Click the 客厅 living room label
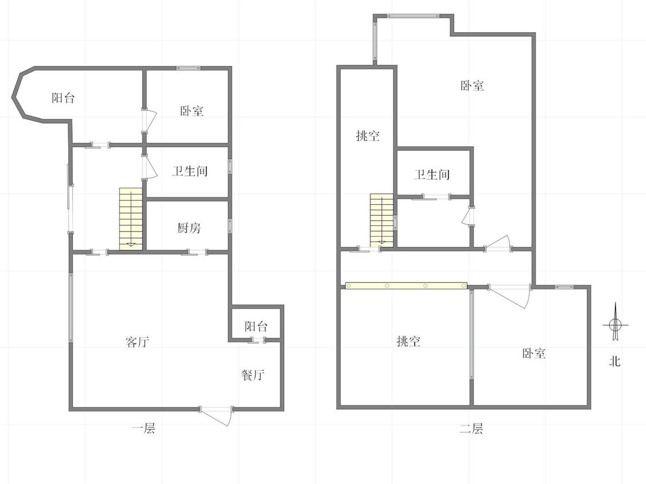click(137, 342)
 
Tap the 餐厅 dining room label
click(253, 375)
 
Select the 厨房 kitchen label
click(189, 228)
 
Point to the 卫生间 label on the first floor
click(189, 171)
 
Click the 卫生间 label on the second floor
click(432, 174)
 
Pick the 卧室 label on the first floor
click(192, 111)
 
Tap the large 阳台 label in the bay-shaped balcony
click(63, 98)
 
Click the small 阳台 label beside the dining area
click(256, 326)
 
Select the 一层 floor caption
click(144, 428)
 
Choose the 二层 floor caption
click(471, 429)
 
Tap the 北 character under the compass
click(615, 361)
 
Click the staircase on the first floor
click(131, 219)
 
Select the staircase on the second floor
click(382, 221)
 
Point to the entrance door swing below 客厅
click(216, 416)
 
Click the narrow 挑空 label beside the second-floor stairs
click(368, 135)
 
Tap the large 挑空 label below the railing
click(409, 341)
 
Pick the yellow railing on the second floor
click(406, 286)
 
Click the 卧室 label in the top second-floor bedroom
click(472, 85)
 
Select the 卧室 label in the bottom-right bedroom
click(534, 353)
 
